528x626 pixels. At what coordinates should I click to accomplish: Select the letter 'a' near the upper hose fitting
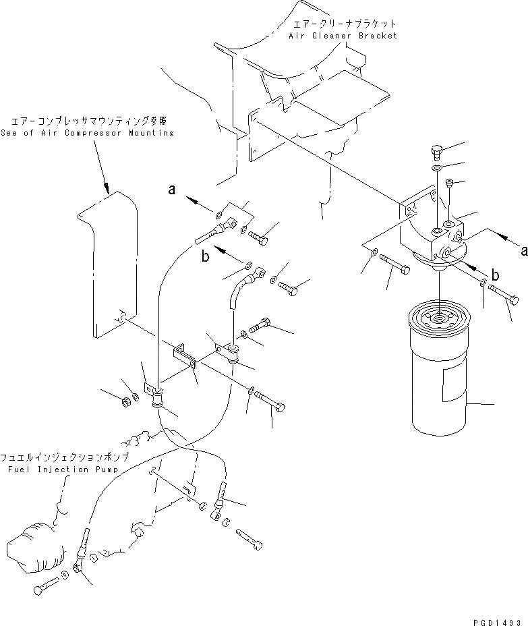coord(172,191)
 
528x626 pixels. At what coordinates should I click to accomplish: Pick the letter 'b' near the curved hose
coord(206,257)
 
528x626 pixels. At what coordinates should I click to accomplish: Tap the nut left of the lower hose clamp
coord(126,402)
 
